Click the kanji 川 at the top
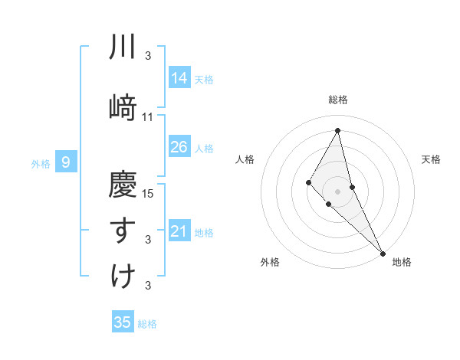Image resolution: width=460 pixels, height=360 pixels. click(123, 48)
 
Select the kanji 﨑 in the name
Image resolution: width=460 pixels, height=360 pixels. click(123, 106)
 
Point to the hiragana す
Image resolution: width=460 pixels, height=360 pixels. click(123, 230)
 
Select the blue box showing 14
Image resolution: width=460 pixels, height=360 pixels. click(179, 78)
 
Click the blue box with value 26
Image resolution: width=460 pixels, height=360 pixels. click(179, 147)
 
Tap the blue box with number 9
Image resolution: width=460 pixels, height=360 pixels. click(67, 162)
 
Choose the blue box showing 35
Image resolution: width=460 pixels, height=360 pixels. click(123, 322)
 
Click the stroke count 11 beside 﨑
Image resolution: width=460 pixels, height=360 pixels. click(148, 117)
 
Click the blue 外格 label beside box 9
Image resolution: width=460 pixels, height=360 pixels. click(41, 162)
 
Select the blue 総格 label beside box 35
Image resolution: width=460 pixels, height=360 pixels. click(147, 323)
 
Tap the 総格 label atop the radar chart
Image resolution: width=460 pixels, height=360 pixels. click(338, 100)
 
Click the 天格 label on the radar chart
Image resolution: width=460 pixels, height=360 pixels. click(432, 159)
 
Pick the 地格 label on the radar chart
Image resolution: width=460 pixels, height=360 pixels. click(402, 263)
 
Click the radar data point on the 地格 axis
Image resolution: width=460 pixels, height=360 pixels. click(383, 252)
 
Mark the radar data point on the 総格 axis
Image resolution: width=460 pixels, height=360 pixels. click(338, 130)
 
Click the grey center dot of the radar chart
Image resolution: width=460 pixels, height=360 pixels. click(338, 191)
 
